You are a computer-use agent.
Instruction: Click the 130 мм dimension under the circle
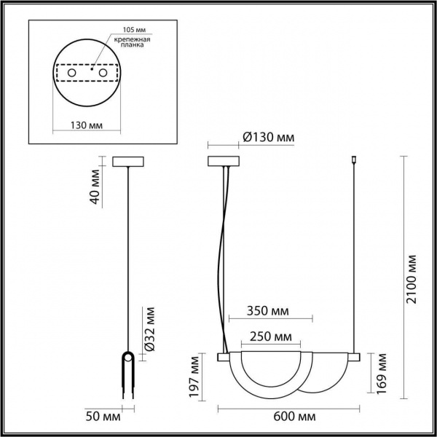click(x=87, y=125)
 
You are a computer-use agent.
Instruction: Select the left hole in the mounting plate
click(x=71, y=74)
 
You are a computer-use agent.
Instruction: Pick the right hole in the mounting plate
click(x=103, y=74)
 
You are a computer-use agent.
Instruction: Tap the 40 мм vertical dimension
click(x=92, y=187)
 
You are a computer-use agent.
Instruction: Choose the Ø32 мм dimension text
click(x=149, y=331)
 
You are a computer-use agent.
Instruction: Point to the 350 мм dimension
click(x=269, y=312)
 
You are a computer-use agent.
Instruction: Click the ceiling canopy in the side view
click(x=128, y=162)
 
